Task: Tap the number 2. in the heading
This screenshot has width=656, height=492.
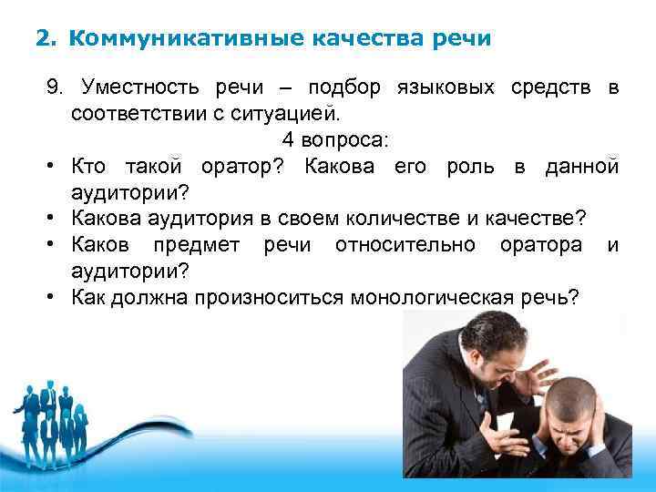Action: pyautogui.click(x=46, y=38)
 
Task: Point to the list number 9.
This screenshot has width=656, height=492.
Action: pyautogui.click(x=56, y=88)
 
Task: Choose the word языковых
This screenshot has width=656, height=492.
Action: pyautogui.click(x=445, y=88)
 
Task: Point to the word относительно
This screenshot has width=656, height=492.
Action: pyautogui.click(x=405, y=246)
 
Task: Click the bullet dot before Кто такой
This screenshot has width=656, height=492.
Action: pyautogui.click(x=55, y=168)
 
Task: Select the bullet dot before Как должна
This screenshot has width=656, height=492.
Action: pyautogui.click(x=55, y=298)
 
